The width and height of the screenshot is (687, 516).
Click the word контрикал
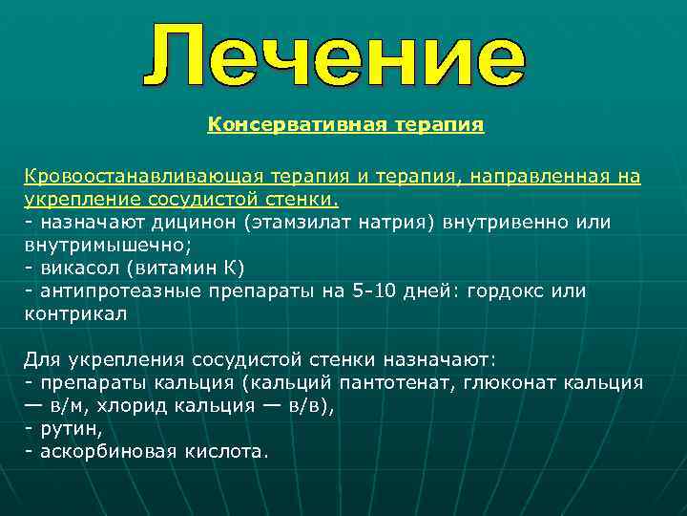click(x=74, y=312)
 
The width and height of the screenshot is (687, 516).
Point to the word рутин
click(x=67, y=428)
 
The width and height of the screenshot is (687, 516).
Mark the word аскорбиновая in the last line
click(x=101, y=451)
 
